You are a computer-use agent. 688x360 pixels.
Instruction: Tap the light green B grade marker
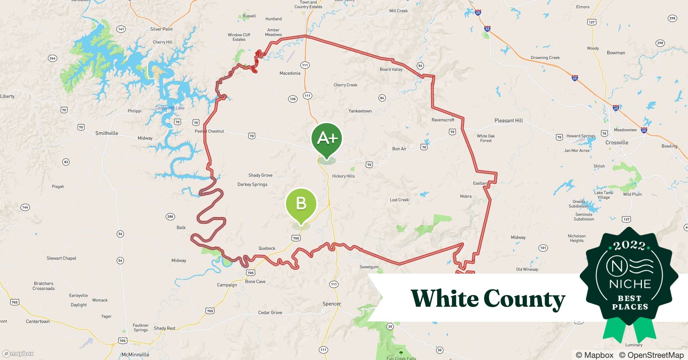(x=301, y=204)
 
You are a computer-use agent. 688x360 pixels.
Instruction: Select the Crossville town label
(x=617, y=143)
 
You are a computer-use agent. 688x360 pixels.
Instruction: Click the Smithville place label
(x=107, y=133)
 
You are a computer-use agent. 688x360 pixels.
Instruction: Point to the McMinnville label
(x=135, y=355)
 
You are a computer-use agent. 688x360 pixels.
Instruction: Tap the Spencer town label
(x=332, y=304)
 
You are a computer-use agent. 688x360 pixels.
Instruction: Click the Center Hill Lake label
(x=170, y=108)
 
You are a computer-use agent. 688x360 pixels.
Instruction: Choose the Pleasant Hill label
(x=509, y=121)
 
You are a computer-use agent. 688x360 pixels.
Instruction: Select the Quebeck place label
(x=267, y=248)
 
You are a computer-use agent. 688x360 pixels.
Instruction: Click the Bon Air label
(x=399, y=149)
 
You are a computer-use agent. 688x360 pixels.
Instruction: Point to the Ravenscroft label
(x=443, y=120)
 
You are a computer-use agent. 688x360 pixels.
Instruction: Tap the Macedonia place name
(x=290, y=73)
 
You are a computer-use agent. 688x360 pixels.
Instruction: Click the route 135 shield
(x=292, y=99)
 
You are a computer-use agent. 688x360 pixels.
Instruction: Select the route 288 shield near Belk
(x=170, y=216)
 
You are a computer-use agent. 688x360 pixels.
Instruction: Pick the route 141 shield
(x=121, y=29)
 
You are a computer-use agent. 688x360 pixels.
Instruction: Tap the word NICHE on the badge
(x=630, y=284)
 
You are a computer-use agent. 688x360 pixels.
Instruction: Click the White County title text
(x=488, y=299)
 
